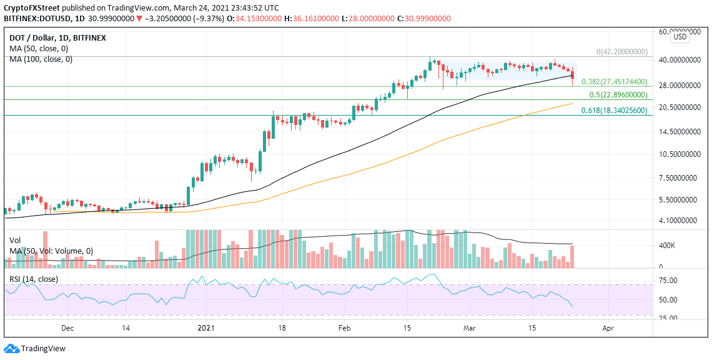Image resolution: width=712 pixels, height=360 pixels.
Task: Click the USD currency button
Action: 680,37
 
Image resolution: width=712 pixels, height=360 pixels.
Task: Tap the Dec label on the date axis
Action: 68,327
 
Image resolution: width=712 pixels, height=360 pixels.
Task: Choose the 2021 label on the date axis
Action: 206,327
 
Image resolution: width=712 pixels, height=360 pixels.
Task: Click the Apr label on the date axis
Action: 608,327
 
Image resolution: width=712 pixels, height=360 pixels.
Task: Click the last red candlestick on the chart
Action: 573,76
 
